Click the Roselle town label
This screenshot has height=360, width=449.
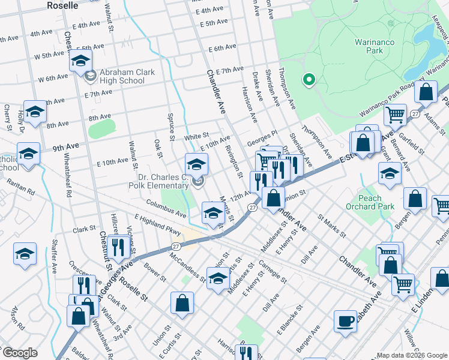62,5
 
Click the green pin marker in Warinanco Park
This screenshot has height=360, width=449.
309,79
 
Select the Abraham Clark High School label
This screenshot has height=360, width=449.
127,76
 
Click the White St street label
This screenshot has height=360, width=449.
196,137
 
